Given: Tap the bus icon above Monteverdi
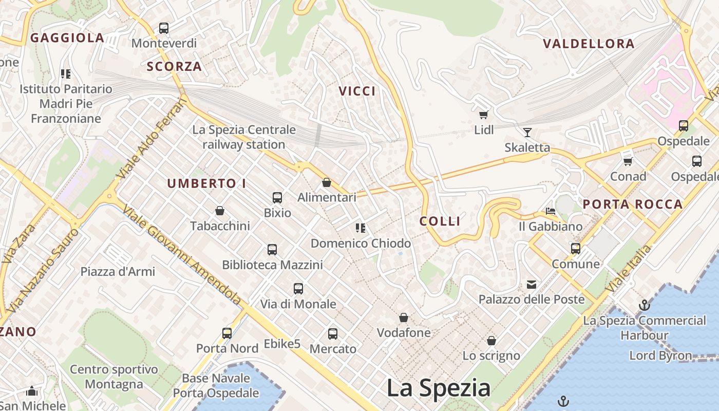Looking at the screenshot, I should [164, 28].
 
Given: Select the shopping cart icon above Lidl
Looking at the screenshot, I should [483, 115].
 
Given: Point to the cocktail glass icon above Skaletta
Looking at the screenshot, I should [527, 133].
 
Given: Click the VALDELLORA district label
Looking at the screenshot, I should [589, 44].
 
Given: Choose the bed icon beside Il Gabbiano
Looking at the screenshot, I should [551, 211].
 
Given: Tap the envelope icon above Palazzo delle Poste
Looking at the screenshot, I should [532, 284].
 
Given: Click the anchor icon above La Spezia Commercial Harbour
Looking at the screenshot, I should [644, 306].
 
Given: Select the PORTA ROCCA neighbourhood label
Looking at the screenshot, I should [633, 204].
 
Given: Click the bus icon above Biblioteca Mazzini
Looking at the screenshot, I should [272, 250].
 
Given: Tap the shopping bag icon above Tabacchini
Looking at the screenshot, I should [220, 211].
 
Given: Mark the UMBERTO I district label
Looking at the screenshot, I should [206, 183].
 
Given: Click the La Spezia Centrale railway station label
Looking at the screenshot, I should [244, 137].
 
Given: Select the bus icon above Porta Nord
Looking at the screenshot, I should [227, 333].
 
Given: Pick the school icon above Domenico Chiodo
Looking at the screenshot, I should [361, 228].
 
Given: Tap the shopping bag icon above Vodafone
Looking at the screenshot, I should [404, 317].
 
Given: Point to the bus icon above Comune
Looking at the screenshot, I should [576, 249].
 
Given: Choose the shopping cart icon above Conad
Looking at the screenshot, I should [628, 161].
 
